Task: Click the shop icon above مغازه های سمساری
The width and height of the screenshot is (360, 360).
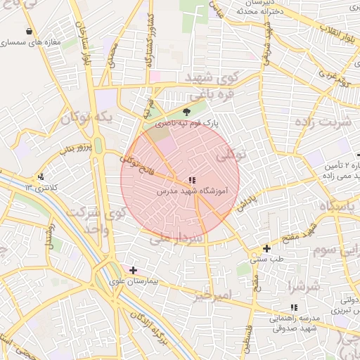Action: [28, 32]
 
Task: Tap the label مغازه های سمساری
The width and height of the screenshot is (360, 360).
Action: [29, 43]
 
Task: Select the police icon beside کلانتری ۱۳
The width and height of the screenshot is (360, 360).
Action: [41, 176]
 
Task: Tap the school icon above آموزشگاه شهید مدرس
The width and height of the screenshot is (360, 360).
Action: [192, 180]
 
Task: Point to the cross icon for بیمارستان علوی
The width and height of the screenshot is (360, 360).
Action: [133, 270]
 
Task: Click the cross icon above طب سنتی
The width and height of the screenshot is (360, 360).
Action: [266, 248]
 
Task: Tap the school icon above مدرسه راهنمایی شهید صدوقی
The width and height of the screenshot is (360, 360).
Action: [294, 307]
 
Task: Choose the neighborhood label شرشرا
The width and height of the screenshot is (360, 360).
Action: [304, 286]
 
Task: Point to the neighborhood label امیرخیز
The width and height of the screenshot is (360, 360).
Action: [211, 292]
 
